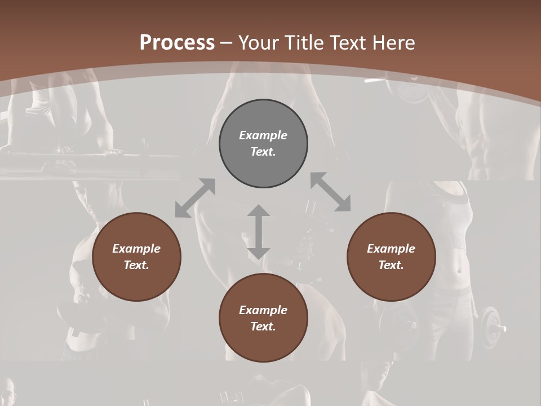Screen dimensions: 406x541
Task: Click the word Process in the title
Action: (177, 43)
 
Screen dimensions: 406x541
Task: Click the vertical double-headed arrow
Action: (259, 232)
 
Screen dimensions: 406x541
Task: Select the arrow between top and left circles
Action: (195, 198)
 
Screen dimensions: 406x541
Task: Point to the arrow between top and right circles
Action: (331, 192)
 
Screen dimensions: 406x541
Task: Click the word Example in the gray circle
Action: (263, 135)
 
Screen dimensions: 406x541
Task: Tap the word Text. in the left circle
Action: (136, 265)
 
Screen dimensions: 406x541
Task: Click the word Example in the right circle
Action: (391, 249)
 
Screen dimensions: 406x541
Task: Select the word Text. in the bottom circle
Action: (263, 326)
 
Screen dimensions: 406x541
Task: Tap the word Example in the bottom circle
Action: (263, 310)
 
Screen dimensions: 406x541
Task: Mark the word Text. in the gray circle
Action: (263, 152)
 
